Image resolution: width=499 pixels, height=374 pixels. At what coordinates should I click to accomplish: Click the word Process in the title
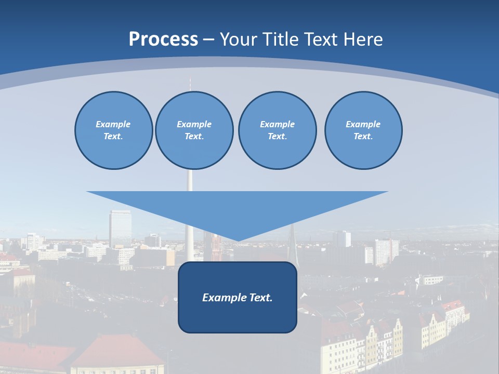click(163, 39)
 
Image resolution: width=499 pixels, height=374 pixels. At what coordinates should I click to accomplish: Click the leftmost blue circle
click(113, 130)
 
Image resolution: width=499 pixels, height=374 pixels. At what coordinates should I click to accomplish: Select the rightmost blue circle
click(363, 130)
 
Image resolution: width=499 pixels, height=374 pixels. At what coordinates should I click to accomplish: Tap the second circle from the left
click(194, 130)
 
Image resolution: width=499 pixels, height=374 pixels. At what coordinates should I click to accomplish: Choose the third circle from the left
click(277, 130)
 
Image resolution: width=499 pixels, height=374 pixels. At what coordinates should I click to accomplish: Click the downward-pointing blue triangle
click(237, 210)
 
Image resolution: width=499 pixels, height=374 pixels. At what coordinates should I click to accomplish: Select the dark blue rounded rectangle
click(238, 317)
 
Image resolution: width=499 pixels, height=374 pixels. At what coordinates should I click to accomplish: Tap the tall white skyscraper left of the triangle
click(120, 229)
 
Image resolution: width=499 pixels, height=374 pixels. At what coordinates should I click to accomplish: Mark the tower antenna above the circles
click(190, 83)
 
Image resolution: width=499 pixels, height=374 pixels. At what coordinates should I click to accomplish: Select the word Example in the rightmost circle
click(363, 124)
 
